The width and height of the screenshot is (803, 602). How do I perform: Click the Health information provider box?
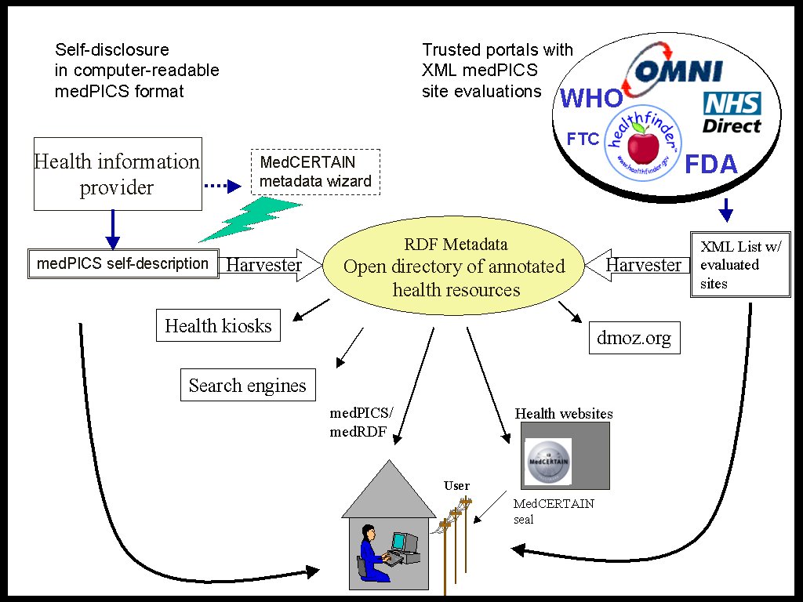pos(118,174)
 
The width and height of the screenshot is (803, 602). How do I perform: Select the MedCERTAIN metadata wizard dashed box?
pos(315,172)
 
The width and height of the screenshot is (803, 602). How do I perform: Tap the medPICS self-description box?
pos(122,263)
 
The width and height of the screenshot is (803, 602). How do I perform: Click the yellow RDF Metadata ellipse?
pos(454,267)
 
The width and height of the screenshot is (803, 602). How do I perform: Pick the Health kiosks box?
pos(218,326)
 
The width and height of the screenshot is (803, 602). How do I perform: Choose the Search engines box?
pos(247,386)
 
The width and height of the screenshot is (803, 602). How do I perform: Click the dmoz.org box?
pos(634,339)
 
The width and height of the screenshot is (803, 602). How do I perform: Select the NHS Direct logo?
pos(731,112)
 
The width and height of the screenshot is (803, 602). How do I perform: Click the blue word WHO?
pos(591,99)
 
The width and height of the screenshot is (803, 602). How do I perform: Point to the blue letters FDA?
pos(711,165)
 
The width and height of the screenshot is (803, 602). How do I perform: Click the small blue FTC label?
pos(583,140)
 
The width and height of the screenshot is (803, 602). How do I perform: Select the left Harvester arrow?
pos(267,265)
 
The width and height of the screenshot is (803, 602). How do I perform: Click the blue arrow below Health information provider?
pos(113,230)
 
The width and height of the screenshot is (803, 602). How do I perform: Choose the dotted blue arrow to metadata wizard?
pos(221,187)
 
